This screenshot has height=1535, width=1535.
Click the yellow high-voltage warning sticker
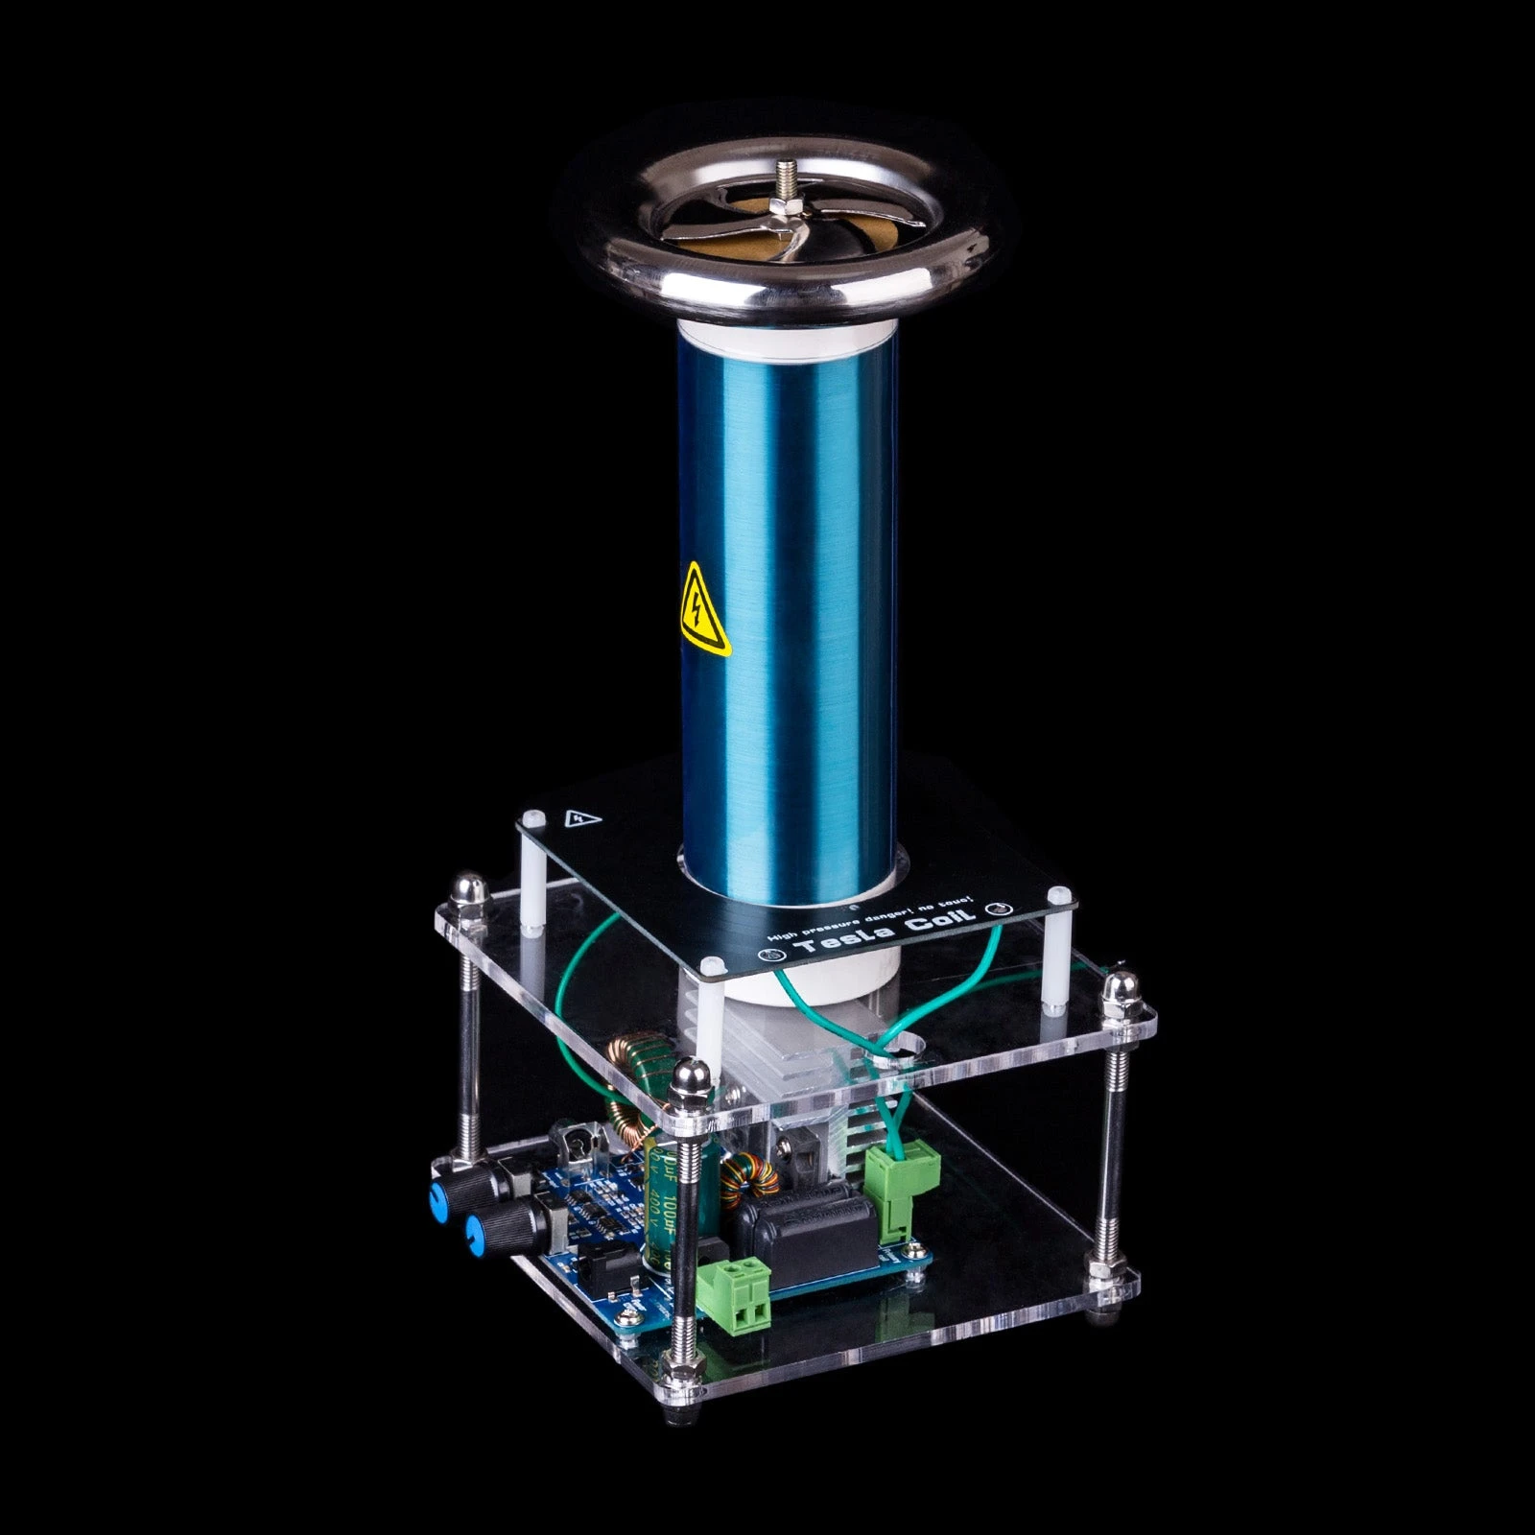(705, 608)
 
